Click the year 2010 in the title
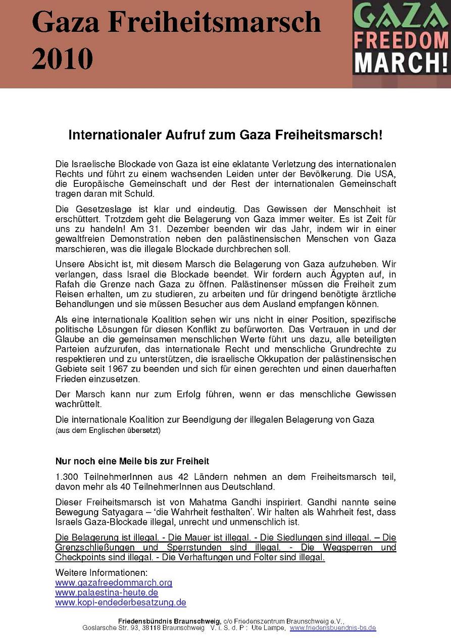point(62,59)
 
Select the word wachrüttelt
point(78,404)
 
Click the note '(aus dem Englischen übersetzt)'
point(108,430)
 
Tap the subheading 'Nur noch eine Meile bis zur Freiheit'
point(132,461)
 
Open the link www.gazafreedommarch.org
point(114,582)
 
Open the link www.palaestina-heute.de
point(107,593)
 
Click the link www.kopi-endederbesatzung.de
point(121,603)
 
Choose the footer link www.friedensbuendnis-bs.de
point(333,628)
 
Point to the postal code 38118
point(151,628)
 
